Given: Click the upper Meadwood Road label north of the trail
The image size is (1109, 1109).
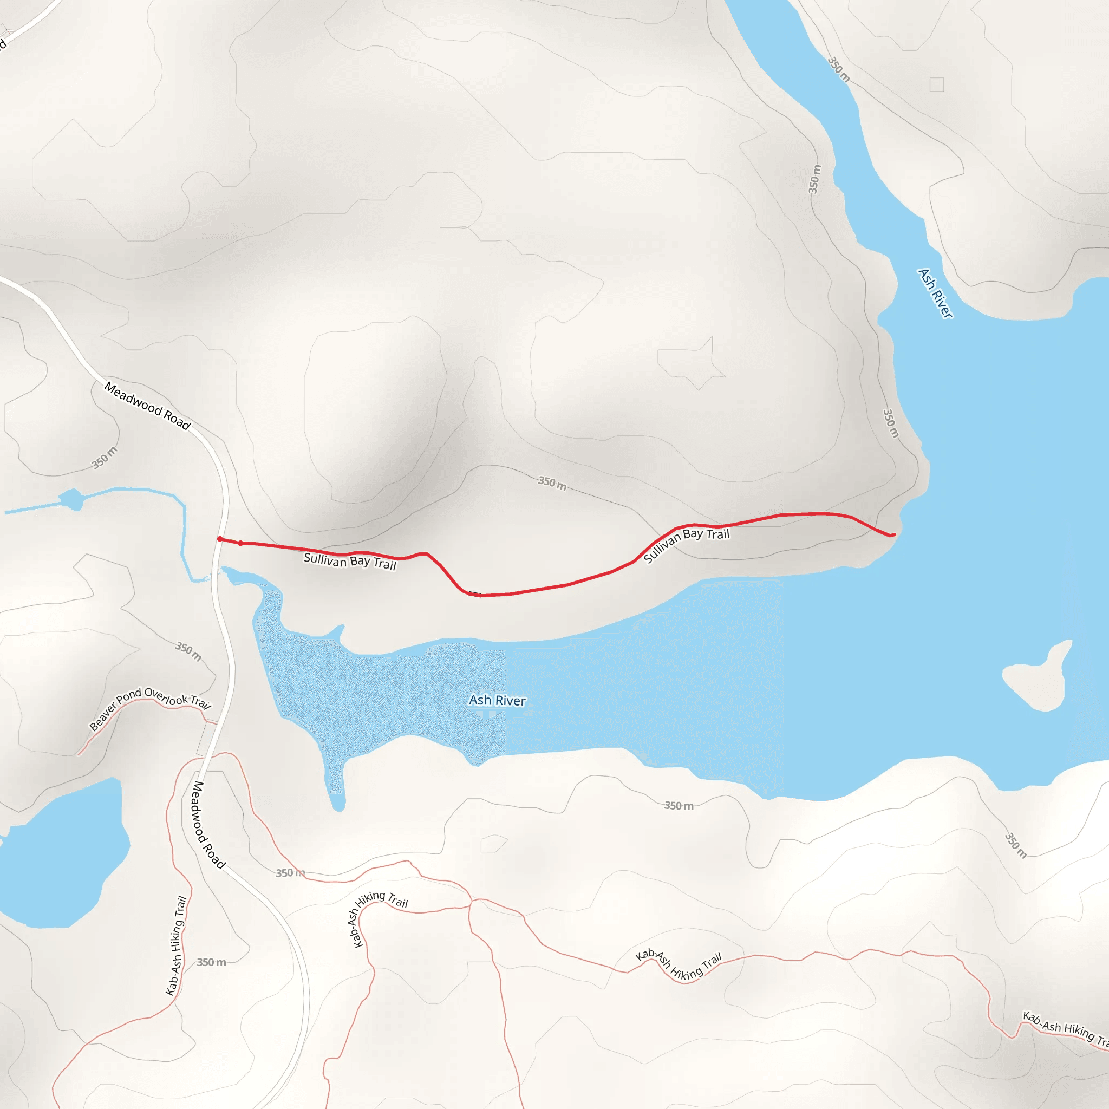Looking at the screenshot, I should [147, 406].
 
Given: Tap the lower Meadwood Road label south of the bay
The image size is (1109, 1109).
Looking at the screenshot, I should [208, 825].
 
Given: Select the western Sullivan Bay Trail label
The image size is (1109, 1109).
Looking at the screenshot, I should [350, 560].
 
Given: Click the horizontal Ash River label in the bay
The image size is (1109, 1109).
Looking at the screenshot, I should [497, 700].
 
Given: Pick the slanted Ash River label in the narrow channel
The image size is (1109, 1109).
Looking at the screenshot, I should [935, 293].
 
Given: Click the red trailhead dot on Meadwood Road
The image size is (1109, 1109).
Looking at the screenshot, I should [220, 539].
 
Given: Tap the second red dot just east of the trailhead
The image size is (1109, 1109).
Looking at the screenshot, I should [240, 543].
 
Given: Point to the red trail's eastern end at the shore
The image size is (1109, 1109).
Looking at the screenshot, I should [892, 535].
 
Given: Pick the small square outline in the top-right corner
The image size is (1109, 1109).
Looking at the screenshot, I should [937, 84].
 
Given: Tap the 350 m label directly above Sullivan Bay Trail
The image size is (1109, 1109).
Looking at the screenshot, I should [552, 484].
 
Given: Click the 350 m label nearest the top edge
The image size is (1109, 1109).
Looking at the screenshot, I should [839, 69].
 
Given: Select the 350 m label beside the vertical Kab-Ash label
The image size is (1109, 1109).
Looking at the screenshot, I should [211, 962].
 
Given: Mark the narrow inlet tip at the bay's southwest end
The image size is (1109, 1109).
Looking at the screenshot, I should [338, 804].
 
